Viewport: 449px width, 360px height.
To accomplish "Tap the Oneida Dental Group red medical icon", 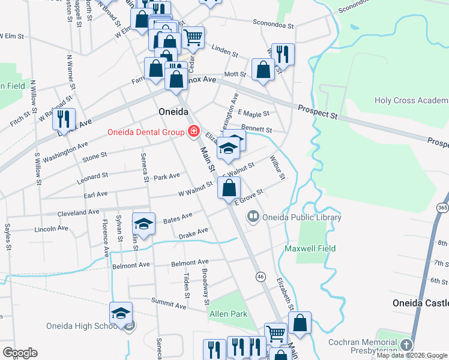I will click(x=193, y=132).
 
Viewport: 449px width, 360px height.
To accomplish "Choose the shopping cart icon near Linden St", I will click(x=193, y=38).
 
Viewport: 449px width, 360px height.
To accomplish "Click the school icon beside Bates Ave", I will click(x=143, y=224).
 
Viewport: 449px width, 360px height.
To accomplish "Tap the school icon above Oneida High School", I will click(x=121, y=313).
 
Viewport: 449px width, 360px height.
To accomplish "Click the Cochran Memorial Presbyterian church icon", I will click(x=406, y=345).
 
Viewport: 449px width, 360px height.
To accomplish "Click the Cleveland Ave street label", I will click(x=78, y=212).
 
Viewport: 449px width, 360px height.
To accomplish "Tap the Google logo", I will click(x=20, y=352).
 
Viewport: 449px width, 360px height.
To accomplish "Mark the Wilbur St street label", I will click(x=277, y=168).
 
